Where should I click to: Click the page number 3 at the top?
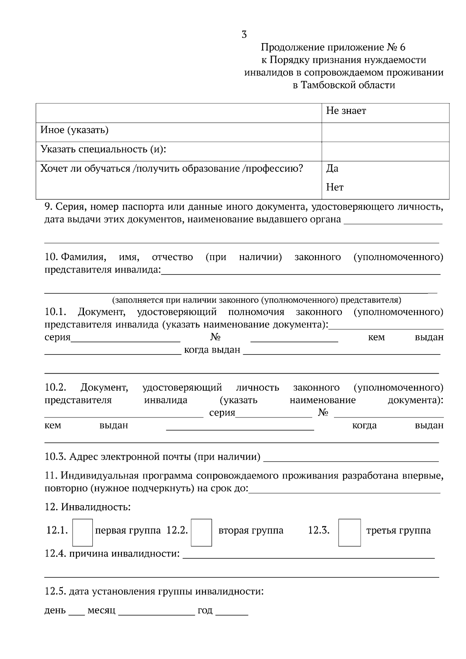click(x=244, y=35)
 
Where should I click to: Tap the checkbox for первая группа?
click(x=83, y=532)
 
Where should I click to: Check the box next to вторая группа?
click(x=202, y=532)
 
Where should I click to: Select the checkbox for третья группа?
click(x=349, y=532)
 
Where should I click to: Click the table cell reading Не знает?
click(x=346, y=111)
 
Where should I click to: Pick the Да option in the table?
click(x=332, y=169)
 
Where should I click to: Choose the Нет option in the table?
click(x=335, y=188)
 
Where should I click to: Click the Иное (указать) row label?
click(x=74, y=130)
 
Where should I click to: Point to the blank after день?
click(x=77, y=612)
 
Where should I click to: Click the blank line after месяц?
click(x=156, y=612)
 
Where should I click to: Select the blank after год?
click(x=232, y=612)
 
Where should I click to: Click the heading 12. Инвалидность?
click(x=87, y=507)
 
